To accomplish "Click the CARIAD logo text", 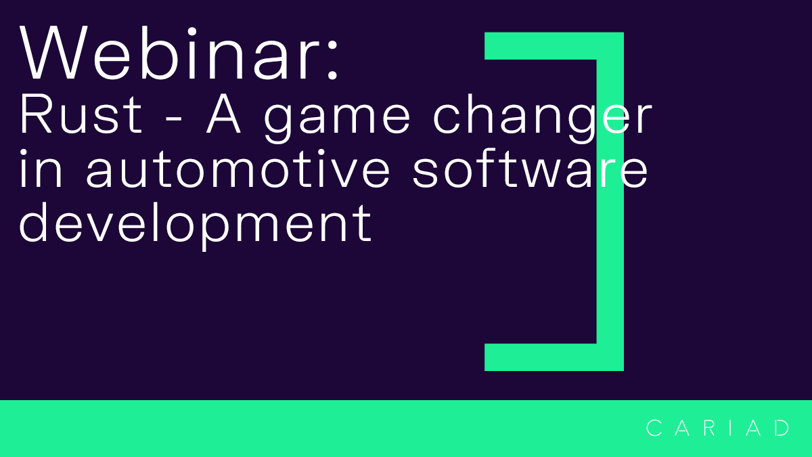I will tap(718, 428).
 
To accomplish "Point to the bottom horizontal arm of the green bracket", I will tap(541, 357).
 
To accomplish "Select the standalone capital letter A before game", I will tap(229, 115).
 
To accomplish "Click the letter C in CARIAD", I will tap(654, 428).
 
